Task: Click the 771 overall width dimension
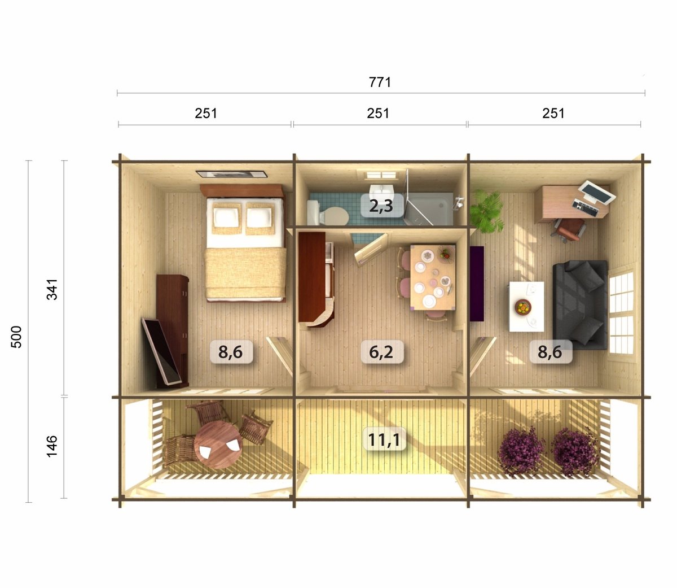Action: point(380,82)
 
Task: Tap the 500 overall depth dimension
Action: point(16,337)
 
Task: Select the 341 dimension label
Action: point(52,289)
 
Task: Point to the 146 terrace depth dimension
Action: point(52,447)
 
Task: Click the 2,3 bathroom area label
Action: point(381,206)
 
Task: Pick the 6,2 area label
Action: point(381,351)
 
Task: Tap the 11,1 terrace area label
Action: point(384,439)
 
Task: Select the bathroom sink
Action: point(381,190)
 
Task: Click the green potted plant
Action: point(486,211)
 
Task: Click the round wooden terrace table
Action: point(218,445)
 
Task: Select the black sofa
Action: point(581,305)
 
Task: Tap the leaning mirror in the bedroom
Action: point(161,351)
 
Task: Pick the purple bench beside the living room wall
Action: point(477,284)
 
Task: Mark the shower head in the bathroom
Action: point(459,202)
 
